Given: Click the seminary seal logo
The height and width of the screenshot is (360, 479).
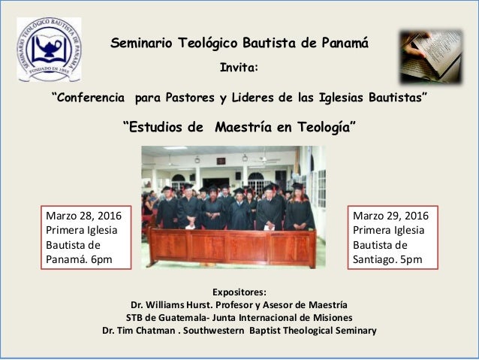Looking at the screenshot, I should [49, 50].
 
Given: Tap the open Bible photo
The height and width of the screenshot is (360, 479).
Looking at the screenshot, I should [430, 56].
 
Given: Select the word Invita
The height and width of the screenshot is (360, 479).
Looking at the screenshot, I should [238, 68].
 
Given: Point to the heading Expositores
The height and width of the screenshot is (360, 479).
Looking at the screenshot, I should [239, 292].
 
